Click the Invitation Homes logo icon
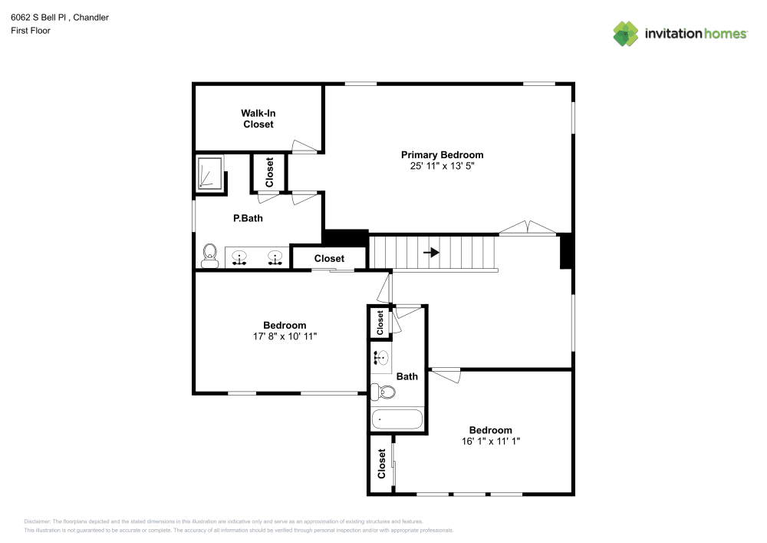(x=626, y=33)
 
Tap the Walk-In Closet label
(x=258, y=118)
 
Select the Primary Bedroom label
(x=443, y=154)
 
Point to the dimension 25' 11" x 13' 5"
(x=443, y=166)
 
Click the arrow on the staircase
(x=433, y=252)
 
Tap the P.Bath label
(x=248, y=218)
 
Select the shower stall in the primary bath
(x=209, y=173)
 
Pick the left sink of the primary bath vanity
(x=239, y=257)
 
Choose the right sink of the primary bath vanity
(x=275, y=257)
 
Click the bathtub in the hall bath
(x=397, y=419)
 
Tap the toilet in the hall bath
(x=383, y=392)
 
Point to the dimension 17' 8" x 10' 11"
(x=285, y=336)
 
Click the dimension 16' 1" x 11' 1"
(x=491, y=441)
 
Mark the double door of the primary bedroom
(x=527, y=229)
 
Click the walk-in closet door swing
(x=304, y=146)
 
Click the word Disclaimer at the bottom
(x=38, y=521)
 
